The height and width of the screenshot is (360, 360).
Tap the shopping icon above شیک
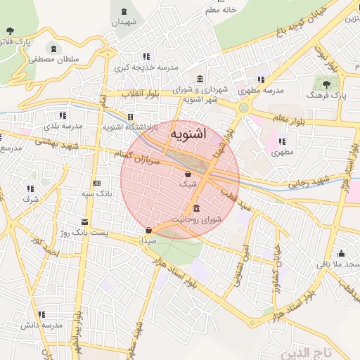pyautogui.click(x=188, y=174)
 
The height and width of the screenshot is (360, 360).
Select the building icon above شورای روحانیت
pyautogui.click(x=196, y=209)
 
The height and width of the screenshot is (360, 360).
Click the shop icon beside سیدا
pyautogui.click(x=148, y=231)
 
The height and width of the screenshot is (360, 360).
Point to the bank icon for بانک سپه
pyautogui.click(x=96, y=183)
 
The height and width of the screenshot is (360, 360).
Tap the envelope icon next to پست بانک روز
pyautogui.click(x=84, y=222)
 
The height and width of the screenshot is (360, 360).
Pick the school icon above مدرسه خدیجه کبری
pyautogui.click(x=146, y=56)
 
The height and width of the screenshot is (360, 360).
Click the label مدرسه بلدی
pyautogui.click(x=63, y=126)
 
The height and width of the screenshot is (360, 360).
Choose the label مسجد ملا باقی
pyautogui.click(x=341, y=264)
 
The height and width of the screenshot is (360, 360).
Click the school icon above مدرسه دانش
pyautogui.click(x=41, y=314)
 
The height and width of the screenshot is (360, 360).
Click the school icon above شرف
pyautogui.click(x=30, y=188)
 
